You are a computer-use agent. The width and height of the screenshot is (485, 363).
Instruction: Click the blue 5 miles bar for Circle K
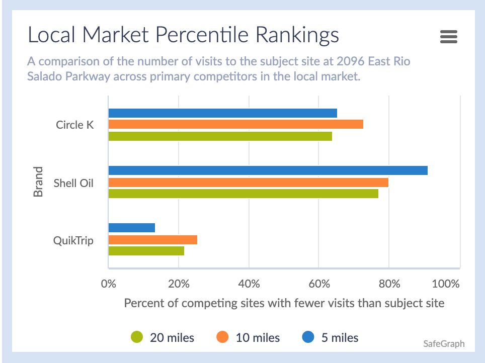[x=222, y=113]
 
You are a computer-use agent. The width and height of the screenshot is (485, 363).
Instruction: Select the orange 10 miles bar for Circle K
[x=235, y=124]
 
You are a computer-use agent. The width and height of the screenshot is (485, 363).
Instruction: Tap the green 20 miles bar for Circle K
[x=220, y=136]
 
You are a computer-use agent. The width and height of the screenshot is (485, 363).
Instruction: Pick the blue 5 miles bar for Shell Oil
[x=268, y=170]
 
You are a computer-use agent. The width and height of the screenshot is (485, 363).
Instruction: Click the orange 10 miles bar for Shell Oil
[x=248, y=182]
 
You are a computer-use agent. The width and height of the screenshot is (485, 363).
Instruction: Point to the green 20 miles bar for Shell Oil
[x=243, y=193]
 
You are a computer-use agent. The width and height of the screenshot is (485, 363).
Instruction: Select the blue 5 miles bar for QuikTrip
[x=131, y=228]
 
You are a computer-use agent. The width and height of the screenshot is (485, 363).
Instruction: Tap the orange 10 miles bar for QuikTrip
[x=152, y=240]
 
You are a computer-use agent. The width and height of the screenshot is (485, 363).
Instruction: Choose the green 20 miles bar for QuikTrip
[x=146, y=250]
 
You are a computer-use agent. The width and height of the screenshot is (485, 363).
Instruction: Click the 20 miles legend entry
[x=163, y=337]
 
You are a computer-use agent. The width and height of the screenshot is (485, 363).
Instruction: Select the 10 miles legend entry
[x=249, y=337]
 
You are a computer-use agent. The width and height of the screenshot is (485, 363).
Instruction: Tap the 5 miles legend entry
[x=331, y=337]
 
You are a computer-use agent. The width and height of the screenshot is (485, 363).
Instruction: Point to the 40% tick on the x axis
[x=249, y=283]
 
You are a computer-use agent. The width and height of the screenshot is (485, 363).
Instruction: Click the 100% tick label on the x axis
[x=446, y=283]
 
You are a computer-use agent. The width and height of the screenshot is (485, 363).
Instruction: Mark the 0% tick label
[x=109, y=283]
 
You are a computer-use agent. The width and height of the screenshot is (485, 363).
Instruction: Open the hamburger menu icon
[x=448, y=37]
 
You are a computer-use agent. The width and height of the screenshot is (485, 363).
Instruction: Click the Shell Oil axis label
[x=73, y=183]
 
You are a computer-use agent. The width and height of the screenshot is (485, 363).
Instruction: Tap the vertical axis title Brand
[x=38, y=182]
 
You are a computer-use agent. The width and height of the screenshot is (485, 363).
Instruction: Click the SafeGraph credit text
[x=444, y=344]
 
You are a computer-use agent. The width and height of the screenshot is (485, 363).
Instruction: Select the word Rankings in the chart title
[x=297, y=35]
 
